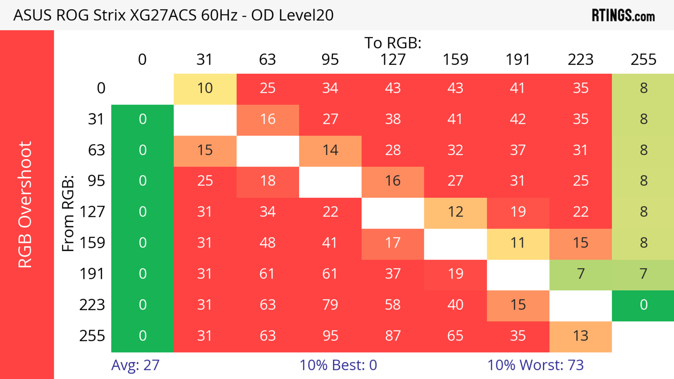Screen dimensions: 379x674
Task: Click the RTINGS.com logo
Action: [623, 15]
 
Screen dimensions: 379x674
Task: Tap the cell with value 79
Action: [330, 305]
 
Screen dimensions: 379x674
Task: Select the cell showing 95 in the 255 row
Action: [330, 336]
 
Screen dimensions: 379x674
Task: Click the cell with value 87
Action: [393, 336]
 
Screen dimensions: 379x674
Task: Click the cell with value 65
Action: [455, 336]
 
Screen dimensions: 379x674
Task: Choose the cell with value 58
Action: [393, 305]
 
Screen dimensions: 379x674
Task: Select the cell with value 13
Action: [581, 336]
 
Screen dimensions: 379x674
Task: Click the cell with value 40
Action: [455, 305]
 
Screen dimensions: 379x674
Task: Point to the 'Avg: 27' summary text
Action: [135, 365]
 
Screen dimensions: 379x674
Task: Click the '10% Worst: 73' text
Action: [535, 365]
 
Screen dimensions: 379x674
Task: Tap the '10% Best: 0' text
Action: [338, 365]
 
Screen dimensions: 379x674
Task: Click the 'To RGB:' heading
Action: [393, 43]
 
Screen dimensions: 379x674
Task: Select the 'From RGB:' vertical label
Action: [68, 213]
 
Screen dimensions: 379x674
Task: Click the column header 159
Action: [455, 60]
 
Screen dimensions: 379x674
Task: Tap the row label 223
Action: [92, 305]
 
